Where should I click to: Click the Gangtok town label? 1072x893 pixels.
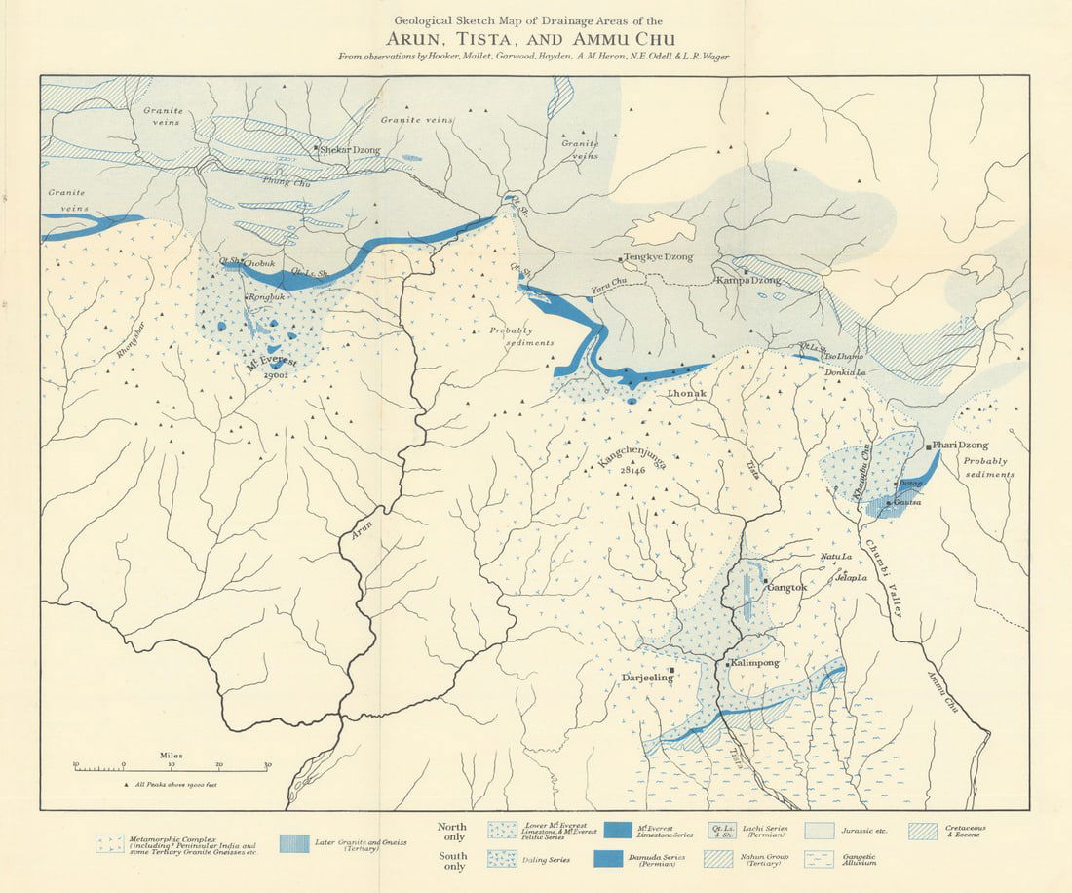[787, 588]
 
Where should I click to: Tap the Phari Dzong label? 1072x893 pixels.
[960, 446]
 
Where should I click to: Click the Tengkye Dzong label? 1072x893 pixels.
[659, 258]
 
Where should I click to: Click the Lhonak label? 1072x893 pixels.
[686, 393]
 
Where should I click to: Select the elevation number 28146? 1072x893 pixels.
[633, 470]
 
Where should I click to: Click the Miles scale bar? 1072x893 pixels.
[172, 768]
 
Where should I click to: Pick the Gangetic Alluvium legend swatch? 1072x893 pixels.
[821, 860]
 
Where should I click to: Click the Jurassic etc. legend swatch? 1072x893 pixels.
[821, 831]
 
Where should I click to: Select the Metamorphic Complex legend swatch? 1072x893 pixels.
[110, 843]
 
